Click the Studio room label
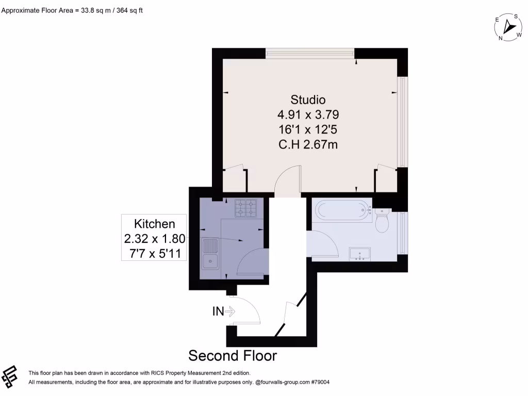click(x=308, y=99)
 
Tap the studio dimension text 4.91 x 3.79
click(x=308, y=114)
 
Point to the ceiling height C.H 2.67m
click(x=308, y=144)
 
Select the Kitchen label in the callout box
click(x=154, y=224)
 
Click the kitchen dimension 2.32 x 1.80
click(x=154, y=239)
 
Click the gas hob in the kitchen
click(x=246, y=208)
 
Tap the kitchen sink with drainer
click(x=210, y=254)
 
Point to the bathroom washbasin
click(x=360, y=254)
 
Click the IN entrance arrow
click(x=230, y=311)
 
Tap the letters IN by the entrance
click(x=218, y=311)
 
